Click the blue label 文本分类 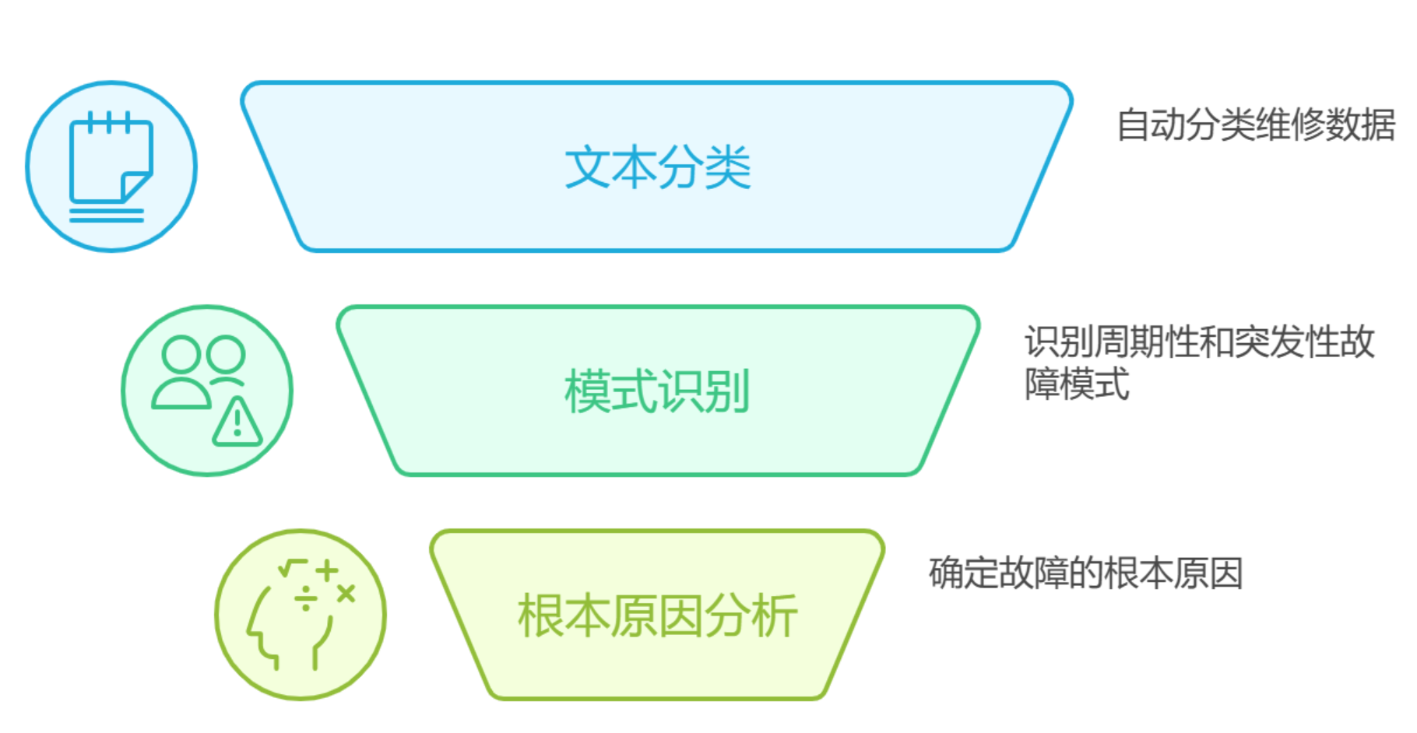(x=657, y=167)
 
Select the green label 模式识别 (x=657, y=391)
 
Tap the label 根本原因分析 (x=657, y=616)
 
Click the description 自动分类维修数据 (x=1255, y=125)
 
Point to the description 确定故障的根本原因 (x=1085, y=573)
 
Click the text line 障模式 (x=1077, y=384)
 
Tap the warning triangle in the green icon (x=237, y=423)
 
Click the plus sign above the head (x=327, y=570)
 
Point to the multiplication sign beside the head (x=346, y=594)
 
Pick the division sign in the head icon (x=306, y=598)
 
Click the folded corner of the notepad (x=135, y=185)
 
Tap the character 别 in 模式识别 (x=727, y=391)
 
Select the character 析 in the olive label (x=775, y=616)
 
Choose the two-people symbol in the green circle (x=198, y=370)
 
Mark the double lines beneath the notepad (x=107, y=215)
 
